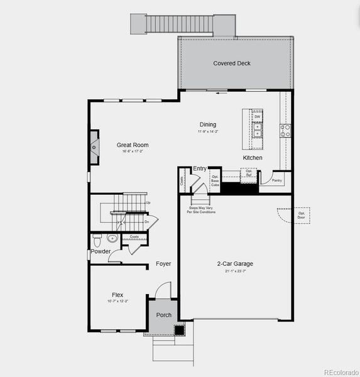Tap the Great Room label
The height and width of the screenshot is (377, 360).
click(133, 145)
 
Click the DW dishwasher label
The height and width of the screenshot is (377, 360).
click(257, 117)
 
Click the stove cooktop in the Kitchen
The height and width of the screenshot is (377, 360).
click(285, 131)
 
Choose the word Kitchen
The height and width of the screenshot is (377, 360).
click(253, 158)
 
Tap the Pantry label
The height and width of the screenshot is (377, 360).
click(277, 180)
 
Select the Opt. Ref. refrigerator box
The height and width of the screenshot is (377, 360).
click(249, 173)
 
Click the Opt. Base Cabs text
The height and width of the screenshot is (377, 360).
click(215, 181)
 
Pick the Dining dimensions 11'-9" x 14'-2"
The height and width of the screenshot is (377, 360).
click(208, 132)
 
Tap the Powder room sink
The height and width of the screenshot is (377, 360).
click(112, 238)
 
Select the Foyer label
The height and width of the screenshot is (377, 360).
click(163, 264)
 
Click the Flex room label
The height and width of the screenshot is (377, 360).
click(117, 295)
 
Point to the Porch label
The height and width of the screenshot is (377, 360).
click(164, 315)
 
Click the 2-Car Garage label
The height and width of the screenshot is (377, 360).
click(236, 264)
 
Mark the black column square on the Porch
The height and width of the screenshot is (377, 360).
click(179, 329)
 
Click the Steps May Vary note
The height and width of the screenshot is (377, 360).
click(201, 210)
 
